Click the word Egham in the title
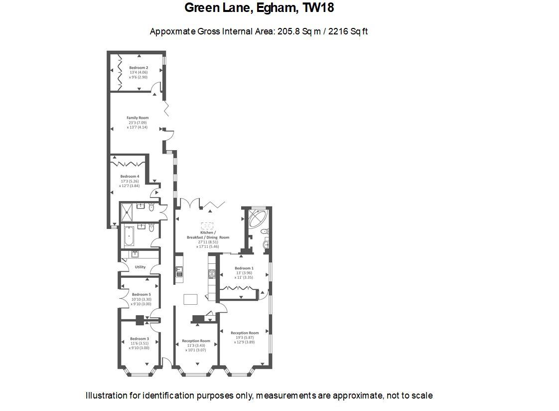click(278, 8)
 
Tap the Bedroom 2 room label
click(138, 68)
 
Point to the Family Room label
click(137, 118)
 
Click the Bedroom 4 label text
click(130, 176)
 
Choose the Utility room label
click(140, 267)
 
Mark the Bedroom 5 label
click(140, 294)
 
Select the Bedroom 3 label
click(140, 339)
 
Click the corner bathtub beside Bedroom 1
click(257, 219)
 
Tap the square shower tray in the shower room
click(127, 213)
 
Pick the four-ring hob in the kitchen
click(212, 274)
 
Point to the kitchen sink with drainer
click(179, 272)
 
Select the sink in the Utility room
click(135, 254)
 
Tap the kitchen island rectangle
click(190, 299)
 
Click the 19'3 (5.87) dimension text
click(245, 337)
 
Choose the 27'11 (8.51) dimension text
click(208, 242)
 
